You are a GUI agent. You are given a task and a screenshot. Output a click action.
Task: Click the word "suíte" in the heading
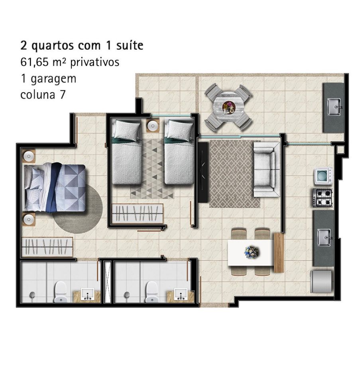(130, 45)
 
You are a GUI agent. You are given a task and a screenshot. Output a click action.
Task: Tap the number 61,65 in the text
(35, 62)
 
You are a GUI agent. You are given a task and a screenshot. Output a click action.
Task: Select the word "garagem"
(54, 79)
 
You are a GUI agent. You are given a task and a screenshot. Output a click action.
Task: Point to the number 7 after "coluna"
(63, 95)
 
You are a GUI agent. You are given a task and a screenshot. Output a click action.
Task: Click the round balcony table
(228, 107)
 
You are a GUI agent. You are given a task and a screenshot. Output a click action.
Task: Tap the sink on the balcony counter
(334, 107)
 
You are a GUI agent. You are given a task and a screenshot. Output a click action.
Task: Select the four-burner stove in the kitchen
(323, 198)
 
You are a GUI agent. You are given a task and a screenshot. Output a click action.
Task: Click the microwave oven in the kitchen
(323, 176)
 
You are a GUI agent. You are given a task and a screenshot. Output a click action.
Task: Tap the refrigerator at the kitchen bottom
(321, 281)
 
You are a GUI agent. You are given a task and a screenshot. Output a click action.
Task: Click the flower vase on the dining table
(252, 252)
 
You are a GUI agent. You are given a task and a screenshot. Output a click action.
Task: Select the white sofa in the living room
(267, 170)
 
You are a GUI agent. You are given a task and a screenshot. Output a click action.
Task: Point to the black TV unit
(203, 172)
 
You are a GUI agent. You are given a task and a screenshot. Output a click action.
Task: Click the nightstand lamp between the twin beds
(153, 126)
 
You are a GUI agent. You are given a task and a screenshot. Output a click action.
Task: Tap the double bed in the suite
(55, 188)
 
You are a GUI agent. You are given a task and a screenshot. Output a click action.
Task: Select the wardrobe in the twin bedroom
(138, 213)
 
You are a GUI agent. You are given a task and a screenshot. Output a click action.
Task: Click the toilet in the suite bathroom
(60, 292)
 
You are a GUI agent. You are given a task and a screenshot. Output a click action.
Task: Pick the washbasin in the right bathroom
(181, 295)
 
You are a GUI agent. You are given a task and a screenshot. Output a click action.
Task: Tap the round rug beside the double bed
(78, 209)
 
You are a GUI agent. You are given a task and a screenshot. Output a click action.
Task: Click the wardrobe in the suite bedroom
(47, 247)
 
